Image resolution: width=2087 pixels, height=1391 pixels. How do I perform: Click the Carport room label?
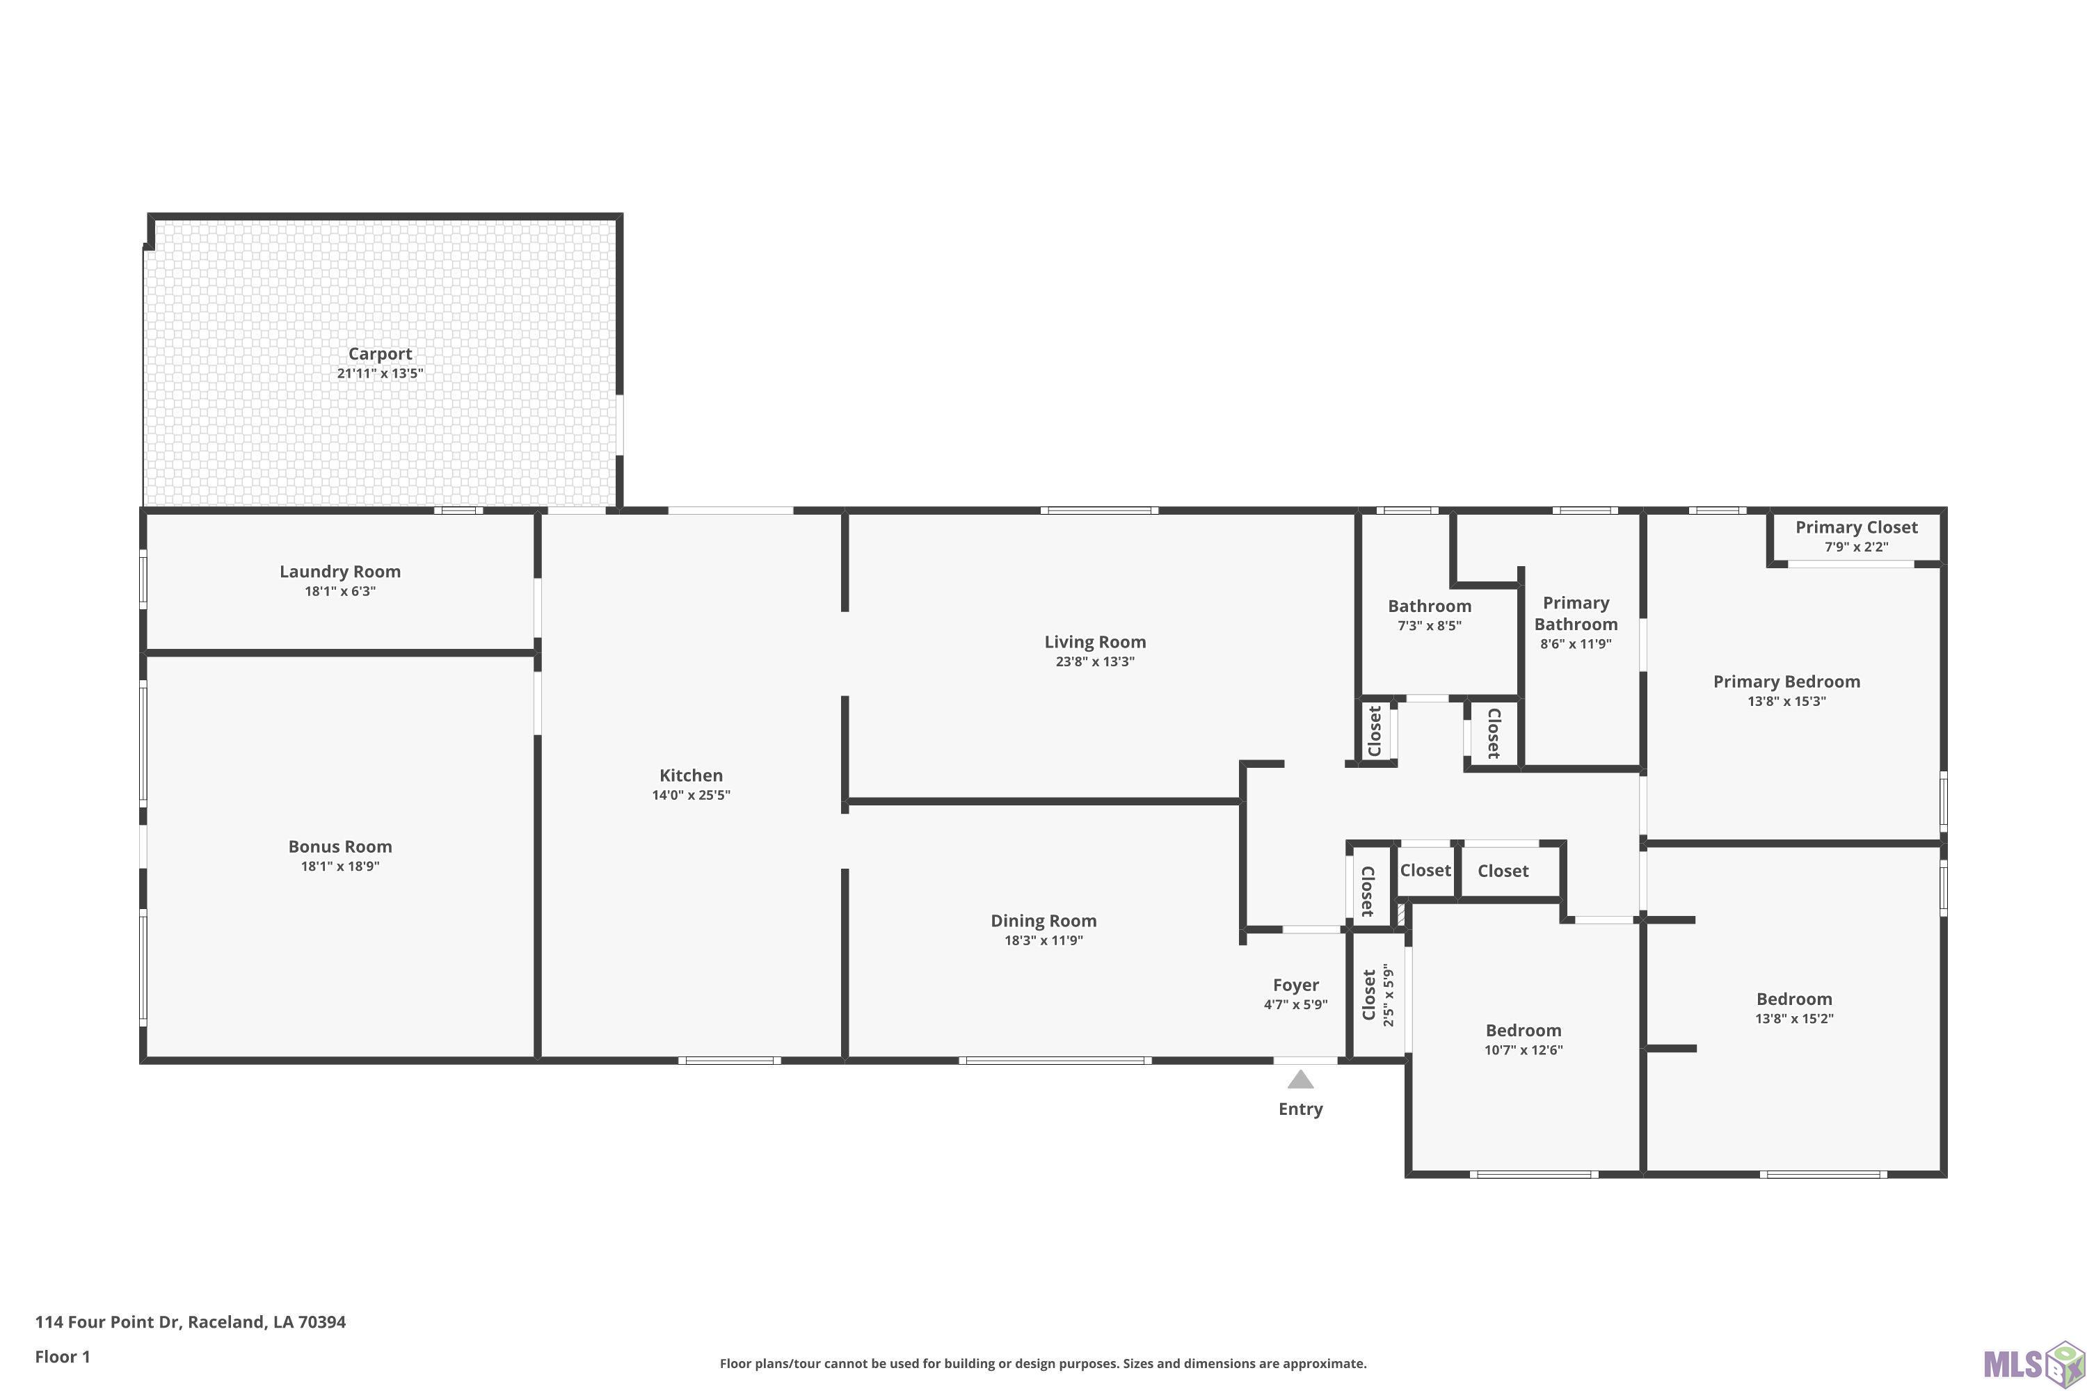pyautogui.click(x=380, y=354)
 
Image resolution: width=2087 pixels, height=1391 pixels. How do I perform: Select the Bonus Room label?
pyautogui.click(x=340, y=847)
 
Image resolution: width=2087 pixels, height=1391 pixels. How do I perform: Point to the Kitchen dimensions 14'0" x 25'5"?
pyautogui.click(x=691, y=796)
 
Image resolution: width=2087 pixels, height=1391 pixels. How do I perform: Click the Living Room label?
pyautogui.click(x=1095, y=642)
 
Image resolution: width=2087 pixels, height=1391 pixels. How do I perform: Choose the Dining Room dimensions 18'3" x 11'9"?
pyautogui.click(x=1043, y=941)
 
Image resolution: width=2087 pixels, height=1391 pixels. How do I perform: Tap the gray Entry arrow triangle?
pyautogui.click(x=1300, y=1079)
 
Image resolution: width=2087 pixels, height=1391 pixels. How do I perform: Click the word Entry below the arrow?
pyautogui.click(x=1300, y=1109)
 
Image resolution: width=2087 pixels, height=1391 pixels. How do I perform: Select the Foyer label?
pyautogui.click(x=1295, y=985)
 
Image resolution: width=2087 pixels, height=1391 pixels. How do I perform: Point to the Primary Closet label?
pyautogui.click(x=1856, y=527)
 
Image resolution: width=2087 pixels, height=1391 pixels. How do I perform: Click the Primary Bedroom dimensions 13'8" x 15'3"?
pyautogui.click(x=1786, y=702)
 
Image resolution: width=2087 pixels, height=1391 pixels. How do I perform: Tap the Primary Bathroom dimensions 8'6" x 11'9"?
pyautogui.click(x=1575, y=645)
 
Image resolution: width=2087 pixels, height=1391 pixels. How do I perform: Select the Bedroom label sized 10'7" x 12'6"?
pyautogui.click(x=1524, y=1031)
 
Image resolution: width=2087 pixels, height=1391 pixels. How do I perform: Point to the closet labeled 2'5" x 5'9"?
pyautogui.click(x=1377, y=995)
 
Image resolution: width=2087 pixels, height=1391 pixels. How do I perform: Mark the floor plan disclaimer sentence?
pyautogui.click(x=1043, y=1363)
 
